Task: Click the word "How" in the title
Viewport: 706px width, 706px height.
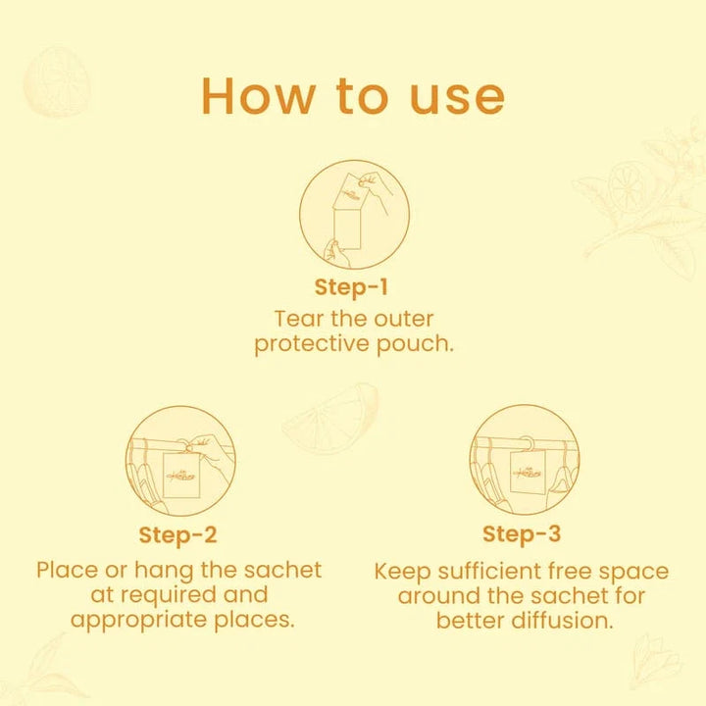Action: point(259,96)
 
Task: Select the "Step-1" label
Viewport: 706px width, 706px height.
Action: point(351,288)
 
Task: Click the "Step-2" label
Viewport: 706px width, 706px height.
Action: point(177,535)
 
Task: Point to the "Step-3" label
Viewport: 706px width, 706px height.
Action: point(522,534)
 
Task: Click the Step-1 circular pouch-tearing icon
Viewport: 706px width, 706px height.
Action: point(354,215)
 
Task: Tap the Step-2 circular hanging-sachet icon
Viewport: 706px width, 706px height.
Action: point(180,461)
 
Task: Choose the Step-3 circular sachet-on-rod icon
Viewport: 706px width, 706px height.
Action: point(525,460)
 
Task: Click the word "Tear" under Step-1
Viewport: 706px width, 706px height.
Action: point(299,320)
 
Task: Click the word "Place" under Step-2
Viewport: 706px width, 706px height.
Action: point(67,571)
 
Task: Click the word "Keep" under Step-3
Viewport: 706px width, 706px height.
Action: point(402,573)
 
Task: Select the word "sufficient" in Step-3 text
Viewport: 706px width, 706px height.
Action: point(489,571)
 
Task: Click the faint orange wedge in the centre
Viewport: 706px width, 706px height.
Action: point(331,418)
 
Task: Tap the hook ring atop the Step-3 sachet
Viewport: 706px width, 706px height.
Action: point(526,443)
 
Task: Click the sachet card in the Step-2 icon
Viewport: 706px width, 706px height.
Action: point(181,475)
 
